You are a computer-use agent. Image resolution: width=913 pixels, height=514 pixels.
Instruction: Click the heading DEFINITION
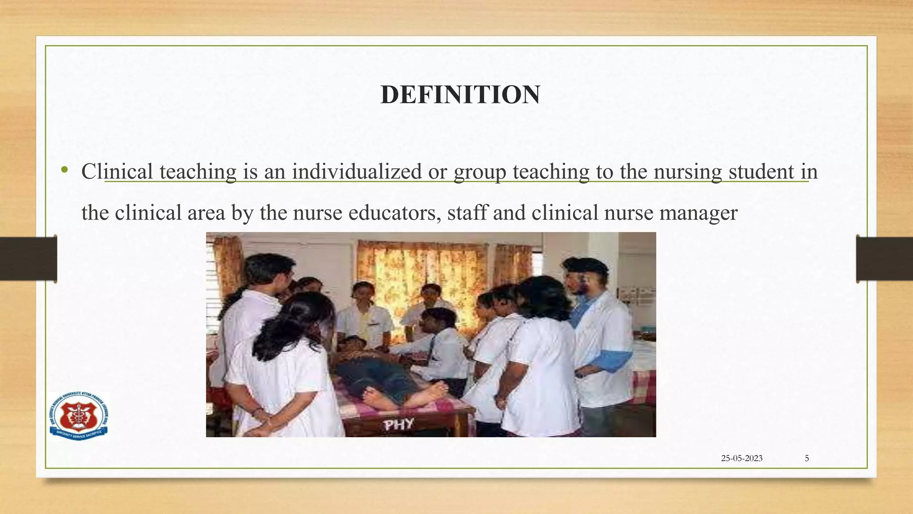[x=460, y=95]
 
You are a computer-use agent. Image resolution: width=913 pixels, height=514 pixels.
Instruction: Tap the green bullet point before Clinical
[x=65, y=170]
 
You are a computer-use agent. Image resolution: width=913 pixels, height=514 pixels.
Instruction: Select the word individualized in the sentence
[x=357, y=172]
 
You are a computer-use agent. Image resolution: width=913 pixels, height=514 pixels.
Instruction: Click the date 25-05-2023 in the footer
[x=742, y=458]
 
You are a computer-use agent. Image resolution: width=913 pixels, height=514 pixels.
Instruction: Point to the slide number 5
[x=806, y=458]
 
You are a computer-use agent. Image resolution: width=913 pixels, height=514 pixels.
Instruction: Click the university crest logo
[x=79, y=416]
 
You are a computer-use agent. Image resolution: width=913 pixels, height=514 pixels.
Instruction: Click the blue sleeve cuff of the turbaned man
[x=614, y=361]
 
